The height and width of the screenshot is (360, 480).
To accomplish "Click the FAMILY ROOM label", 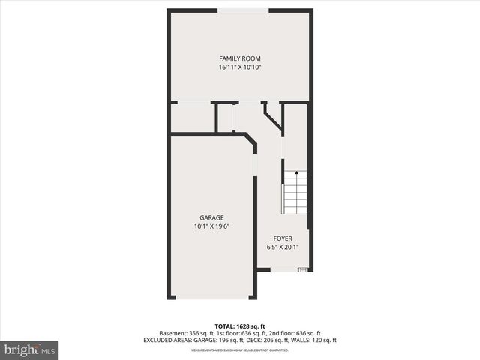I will click(240, 58).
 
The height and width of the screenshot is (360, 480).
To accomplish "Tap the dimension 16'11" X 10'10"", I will click(240, 67).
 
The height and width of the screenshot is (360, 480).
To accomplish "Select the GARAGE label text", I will click(211, 218).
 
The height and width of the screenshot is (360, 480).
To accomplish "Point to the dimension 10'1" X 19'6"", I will click(211, 226).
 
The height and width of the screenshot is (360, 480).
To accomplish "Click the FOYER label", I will click(283, 238).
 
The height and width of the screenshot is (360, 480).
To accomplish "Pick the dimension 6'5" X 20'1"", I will click(283, 247).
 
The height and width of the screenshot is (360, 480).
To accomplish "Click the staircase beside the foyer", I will click(295, 193).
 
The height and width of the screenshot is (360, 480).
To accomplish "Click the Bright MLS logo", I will click(29, 350).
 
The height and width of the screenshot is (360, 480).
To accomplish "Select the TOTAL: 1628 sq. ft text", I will click(240, 326).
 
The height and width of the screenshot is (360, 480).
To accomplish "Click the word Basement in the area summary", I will click(172, 333).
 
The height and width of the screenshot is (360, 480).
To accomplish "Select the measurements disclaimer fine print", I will click(240, 349).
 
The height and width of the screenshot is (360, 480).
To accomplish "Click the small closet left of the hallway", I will click(193, 118).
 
